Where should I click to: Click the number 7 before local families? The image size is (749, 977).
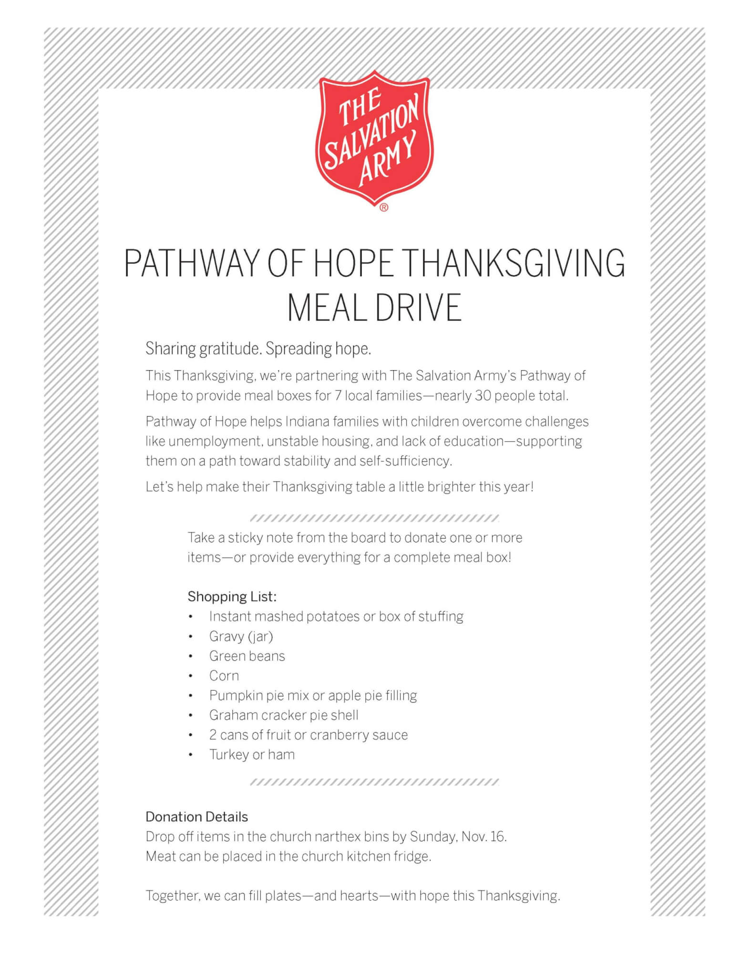point(338,396)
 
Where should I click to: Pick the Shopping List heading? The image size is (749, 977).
point(232,596)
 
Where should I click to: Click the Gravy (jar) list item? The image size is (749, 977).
point(241,636)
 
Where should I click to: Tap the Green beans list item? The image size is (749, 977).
point(247,656)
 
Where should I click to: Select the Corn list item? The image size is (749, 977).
point(224,676)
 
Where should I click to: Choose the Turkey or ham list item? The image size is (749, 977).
point(252,754)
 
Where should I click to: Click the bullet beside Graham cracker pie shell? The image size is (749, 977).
point(191,716)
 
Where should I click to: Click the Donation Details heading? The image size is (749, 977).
point(197,817)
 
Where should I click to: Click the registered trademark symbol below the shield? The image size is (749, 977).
point(384,208)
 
